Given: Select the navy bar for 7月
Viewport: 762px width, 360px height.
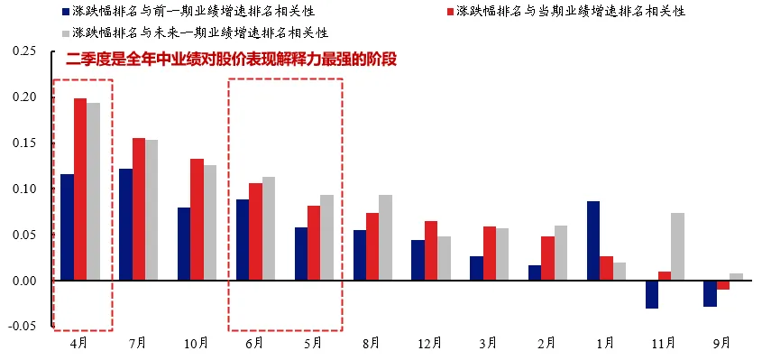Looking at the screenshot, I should [125, 225].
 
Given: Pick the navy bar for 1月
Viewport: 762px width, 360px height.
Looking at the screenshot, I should [592, 241].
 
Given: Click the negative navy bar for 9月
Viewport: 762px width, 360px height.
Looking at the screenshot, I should [710, 293].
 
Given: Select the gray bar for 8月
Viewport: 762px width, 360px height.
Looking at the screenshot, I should [385, 237].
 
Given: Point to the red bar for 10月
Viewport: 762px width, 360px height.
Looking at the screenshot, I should [197, 219].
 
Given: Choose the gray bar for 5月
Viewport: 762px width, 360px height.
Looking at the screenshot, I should [326, 237].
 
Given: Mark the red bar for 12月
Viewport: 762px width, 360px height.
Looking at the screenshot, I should [430, 251].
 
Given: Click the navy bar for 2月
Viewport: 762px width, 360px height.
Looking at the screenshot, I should [535, 272].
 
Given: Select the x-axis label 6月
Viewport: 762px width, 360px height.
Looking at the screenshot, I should [255, 344].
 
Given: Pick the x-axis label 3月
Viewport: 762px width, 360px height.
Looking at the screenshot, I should [489, 344].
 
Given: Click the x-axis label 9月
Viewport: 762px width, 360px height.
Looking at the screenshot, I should [722, 344].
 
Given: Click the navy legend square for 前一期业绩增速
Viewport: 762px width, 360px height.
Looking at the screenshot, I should [65, 13].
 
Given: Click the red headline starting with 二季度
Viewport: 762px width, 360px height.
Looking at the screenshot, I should [233, 60].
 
